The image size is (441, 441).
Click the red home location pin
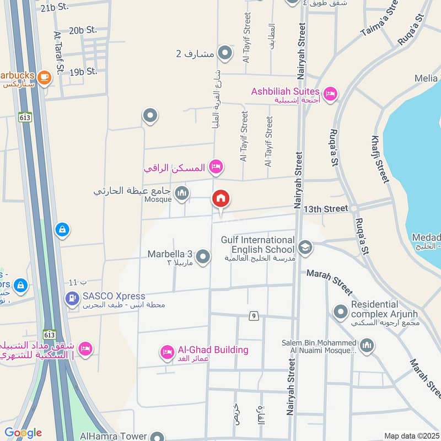point(221,200)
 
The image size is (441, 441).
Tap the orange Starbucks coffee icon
point(45,78)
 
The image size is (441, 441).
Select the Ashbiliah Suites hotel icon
point(330,93)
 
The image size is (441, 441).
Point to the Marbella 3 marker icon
point(203,257)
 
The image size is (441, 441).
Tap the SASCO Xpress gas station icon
point(72,299)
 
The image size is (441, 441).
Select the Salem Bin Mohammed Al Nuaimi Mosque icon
point(367,346)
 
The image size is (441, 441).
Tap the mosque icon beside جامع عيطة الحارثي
point(182,193)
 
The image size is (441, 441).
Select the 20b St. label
point(83,30)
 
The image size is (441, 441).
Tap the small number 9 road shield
point(254,316)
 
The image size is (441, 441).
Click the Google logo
point(23,433)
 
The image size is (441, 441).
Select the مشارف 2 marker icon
point(224,53)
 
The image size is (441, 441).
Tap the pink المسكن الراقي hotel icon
point(216,165)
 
